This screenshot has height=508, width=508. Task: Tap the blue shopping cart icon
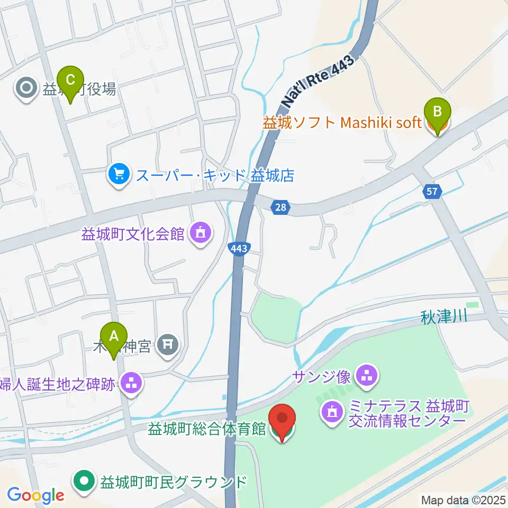[119, 175]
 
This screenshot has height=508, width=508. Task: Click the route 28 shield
[280, 207]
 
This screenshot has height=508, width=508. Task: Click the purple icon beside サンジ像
[366, 376]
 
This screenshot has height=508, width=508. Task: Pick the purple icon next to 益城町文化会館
[199, 232]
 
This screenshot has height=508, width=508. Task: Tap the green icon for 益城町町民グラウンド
[84, 482]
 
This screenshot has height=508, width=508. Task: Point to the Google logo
[35, 495]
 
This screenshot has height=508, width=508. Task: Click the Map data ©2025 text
[464, 500]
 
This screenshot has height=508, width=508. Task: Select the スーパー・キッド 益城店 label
[215, 175]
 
